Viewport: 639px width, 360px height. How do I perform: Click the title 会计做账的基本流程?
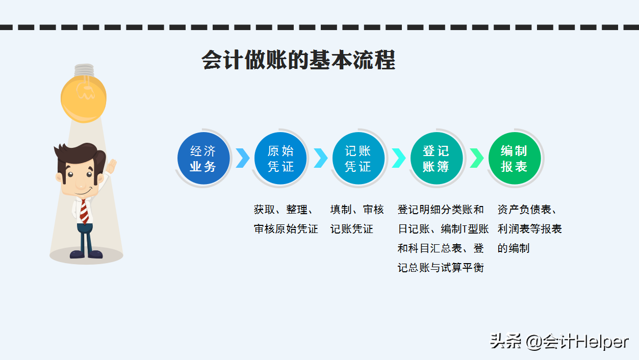coord(298,60)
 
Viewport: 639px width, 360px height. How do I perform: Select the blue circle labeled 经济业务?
coord(203,158)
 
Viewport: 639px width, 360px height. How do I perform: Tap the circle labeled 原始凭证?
coord(280,158)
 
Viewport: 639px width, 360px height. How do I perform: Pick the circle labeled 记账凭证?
coord(359,158)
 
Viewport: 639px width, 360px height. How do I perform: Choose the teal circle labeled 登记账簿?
coord(437,158)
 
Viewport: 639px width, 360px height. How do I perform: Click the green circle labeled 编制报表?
coord(515,158)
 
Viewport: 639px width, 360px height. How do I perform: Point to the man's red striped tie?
coord(84,212)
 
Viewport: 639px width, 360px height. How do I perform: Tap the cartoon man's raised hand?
coord(112,166)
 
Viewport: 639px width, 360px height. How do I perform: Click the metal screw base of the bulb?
coord(84,70)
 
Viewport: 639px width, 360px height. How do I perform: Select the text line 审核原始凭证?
coord(286,229)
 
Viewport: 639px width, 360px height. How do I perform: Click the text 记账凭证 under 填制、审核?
coord(352,229)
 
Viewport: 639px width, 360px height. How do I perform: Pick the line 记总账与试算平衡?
coord(441,268)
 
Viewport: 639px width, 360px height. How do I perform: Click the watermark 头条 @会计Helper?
coord(559,342)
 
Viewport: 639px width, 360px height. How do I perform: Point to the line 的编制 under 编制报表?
coord(514,248)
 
